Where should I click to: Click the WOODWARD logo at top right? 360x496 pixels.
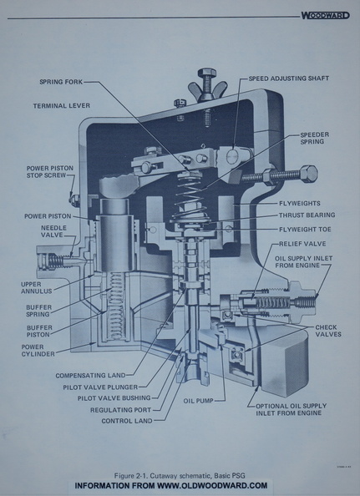pos(325,15)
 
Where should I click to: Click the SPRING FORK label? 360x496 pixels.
pos(60,83)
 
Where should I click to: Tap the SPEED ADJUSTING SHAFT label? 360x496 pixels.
pos(289,78)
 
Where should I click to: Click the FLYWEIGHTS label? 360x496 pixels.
pos(306,202)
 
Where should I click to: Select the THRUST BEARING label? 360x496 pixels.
pos(308,215)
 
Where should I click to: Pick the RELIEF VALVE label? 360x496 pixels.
pos(304,243)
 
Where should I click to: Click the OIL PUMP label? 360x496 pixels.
pos(200,401)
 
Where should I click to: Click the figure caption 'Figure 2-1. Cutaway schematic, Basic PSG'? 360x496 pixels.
pos(180,474)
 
